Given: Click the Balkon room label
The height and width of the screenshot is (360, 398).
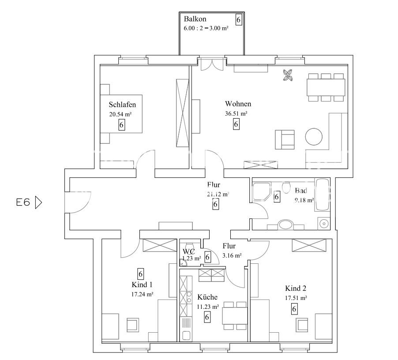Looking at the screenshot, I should [x=195, y=19].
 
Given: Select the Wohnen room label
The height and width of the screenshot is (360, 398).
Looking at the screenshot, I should [x=238, y=104].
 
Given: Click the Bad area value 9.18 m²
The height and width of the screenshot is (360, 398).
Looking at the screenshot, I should [x=304, y=200].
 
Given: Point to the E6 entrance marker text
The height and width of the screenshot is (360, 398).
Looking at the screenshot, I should [x=23, y=202].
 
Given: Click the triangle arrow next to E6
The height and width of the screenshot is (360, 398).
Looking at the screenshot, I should [x=38, y=202].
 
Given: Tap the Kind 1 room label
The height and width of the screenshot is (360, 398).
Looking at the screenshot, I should [x=142, y=284].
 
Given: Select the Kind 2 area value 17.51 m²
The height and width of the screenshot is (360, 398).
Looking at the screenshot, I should [x=296, y=298].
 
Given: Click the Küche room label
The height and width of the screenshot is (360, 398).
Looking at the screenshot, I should [x=207, y=297].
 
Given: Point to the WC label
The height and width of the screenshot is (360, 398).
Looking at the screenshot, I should [x=189, y=251].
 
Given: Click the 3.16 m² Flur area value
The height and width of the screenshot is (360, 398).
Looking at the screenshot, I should [x=232, y=255].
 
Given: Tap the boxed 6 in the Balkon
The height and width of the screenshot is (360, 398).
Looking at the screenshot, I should [x=239, y=20].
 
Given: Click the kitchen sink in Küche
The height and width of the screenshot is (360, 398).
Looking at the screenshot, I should [x=186, y=335].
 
